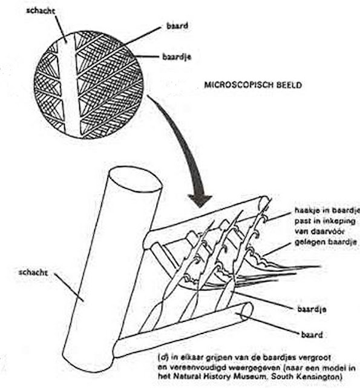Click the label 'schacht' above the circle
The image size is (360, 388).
click(x=41, y=11)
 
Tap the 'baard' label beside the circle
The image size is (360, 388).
click(x=177, y=25)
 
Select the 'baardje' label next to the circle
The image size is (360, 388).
click(x=177, y=57)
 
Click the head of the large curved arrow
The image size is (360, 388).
click(x=200, y=200)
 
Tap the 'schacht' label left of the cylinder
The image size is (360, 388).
click(x=33, y=272)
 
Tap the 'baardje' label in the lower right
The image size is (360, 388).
click(x=312, y=309)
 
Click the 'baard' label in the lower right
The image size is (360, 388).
click(x=312, y=335)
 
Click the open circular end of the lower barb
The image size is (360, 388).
click(x=246, y=311)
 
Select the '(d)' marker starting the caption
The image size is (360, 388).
click(x=163, y=357)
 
